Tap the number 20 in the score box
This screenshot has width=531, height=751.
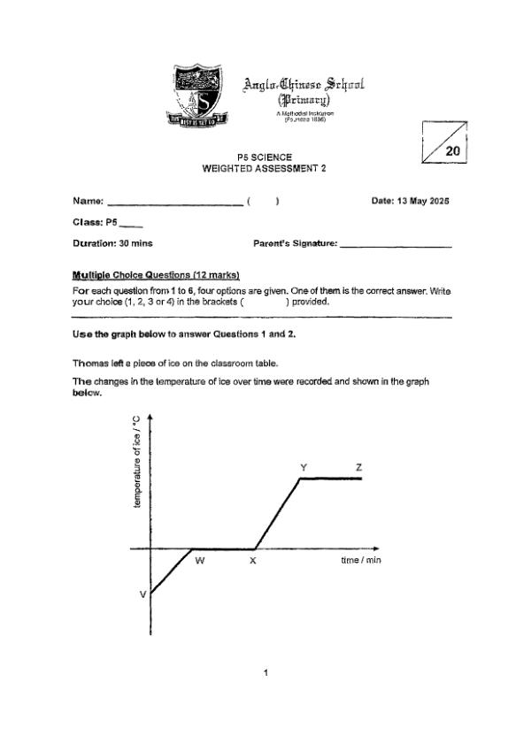452,151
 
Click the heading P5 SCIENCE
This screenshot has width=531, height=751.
265,157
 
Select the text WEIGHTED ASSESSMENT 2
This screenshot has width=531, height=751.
265,169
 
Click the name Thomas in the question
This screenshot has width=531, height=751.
92,364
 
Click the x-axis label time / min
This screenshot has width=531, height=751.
361,561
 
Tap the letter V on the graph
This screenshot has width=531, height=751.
142,594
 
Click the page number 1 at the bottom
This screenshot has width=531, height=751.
265,674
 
